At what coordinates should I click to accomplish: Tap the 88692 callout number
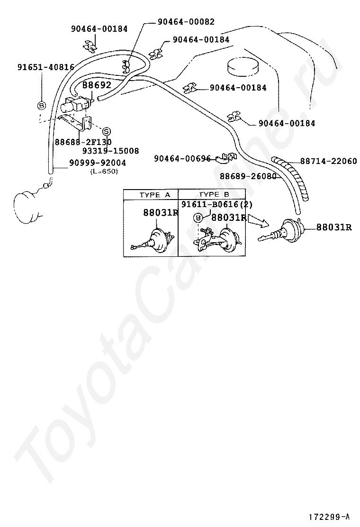[97, 85]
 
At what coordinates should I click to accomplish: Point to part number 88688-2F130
[83, 142]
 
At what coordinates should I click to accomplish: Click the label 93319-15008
[110, 151]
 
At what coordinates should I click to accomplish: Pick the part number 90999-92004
[97, 163]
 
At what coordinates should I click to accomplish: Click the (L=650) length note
[104, 172]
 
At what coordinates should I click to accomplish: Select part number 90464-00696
[182, 159]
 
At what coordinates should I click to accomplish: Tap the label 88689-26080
[248, 176]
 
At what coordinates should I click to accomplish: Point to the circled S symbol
[106, 131]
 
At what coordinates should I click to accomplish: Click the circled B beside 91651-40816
[42, 105]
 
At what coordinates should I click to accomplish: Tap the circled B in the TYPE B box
[198, 218]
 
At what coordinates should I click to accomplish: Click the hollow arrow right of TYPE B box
[258, 219]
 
